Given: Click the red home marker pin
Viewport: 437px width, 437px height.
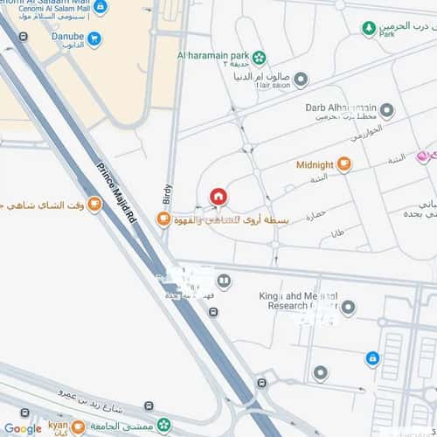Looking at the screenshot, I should tap(218, 197).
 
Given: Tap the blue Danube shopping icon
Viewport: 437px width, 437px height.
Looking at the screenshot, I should tap(94, 39).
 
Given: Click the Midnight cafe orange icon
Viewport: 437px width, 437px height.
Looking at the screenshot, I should tap(343, 163).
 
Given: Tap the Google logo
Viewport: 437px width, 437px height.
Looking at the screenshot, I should tap(22, 428).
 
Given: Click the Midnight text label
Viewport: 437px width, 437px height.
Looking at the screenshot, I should tap(315, 164).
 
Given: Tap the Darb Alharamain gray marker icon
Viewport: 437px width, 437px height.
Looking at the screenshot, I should tap(386, 110).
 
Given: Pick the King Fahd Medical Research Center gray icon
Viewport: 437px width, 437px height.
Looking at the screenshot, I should tap(349, 308).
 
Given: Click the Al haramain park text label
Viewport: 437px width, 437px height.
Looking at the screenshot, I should tap(212, 56).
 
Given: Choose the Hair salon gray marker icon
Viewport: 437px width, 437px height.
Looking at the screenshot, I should tap(301, 80).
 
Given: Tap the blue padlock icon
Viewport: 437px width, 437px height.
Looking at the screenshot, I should tap(372, 357).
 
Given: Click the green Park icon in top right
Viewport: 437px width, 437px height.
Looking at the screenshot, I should tap(369, 28).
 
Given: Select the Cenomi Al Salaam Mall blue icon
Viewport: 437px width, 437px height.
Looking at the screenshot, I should tap(101, 7).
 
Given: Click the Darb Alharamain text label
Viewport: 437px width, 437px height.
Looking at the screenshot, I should tap(339, 108).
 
